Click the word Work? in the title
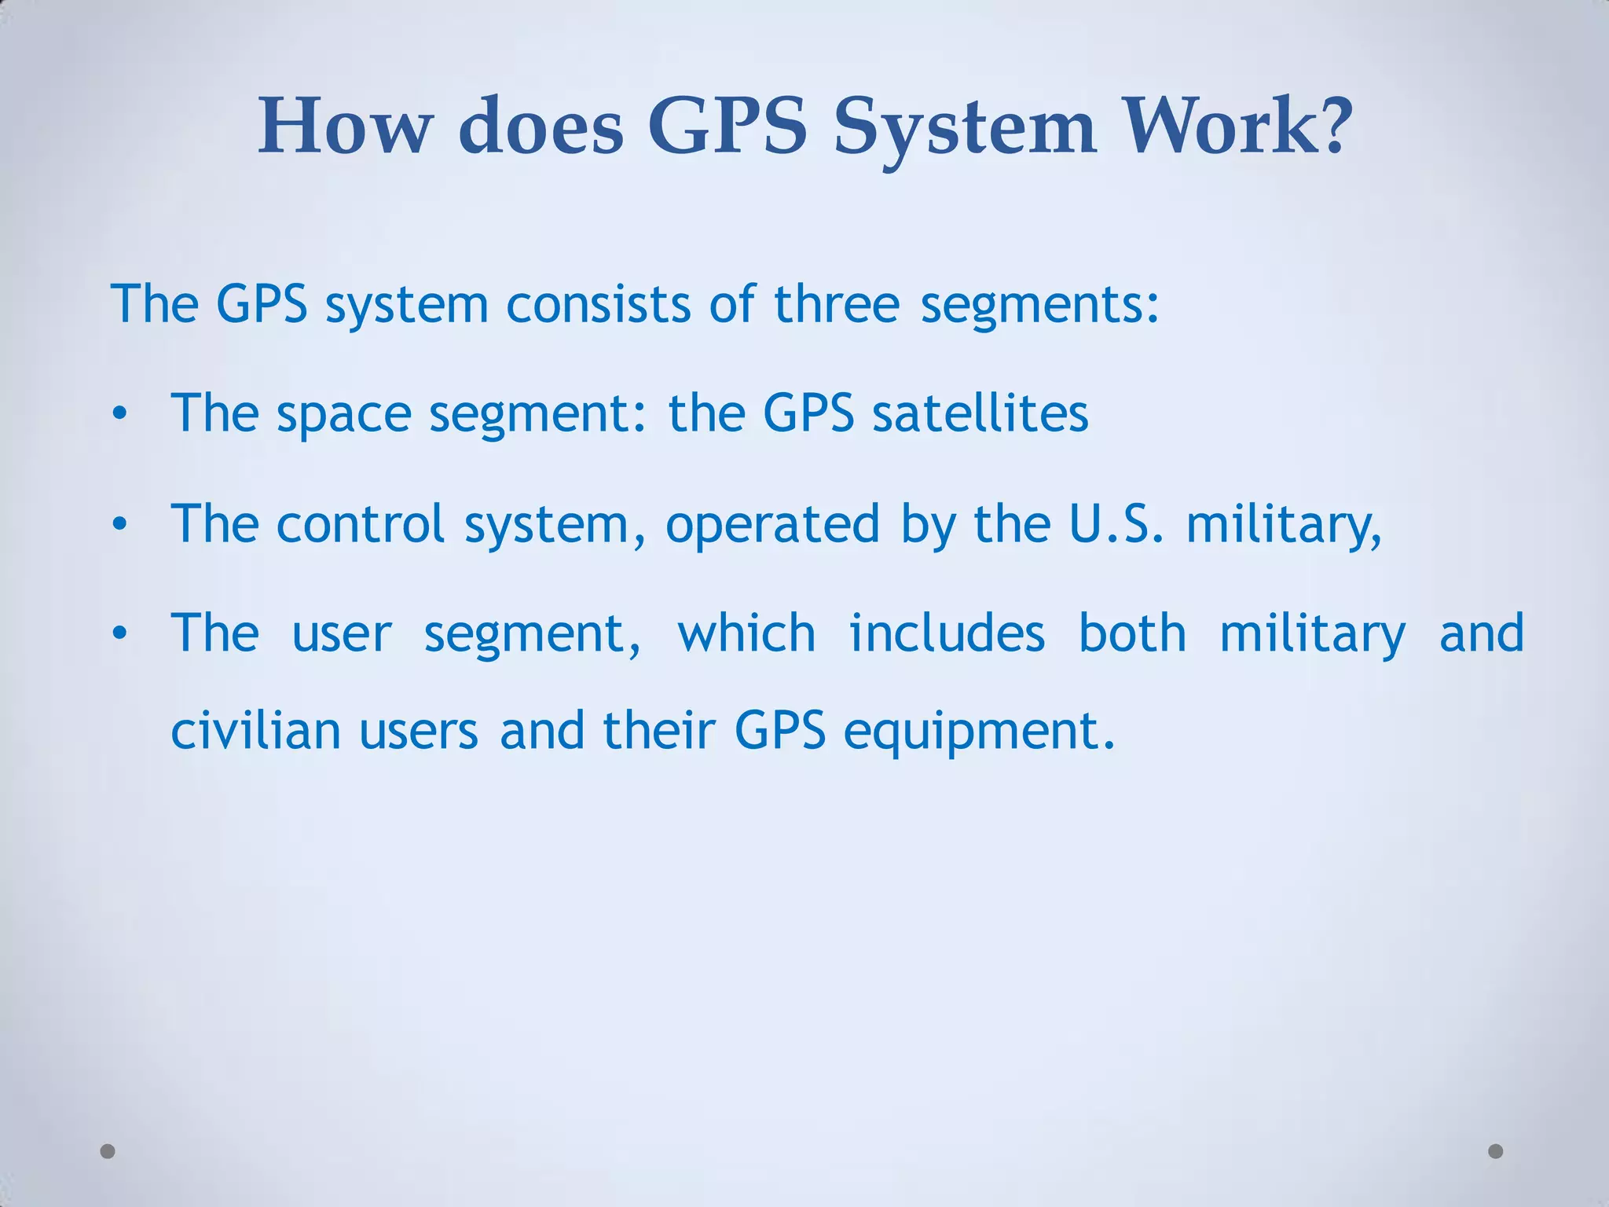(1239, 126)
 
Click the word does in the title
(541, 126)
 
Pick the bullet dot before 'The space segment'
(119, 413)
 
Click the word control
(361, 523)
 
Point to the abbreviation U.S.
(1116, 523)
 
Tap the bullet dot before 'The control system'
(119, 523)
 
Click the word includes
(947, 633)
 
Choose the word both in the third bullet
(1132, 633)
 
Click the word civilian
(255, 730)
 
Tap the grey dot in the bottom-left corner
(108, 1151)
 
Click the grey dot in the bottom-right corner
(1496, 1151)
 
